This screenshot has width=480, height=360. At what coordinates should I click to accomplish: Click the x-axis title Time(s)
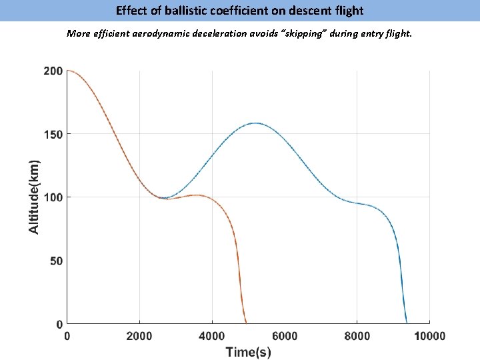[248, 351]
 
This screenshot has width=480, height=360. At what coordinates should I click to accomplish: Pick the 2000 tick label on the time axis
[139, 337]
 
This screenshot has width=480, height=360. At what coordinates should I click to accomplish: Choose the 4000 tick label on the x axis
[212, 337]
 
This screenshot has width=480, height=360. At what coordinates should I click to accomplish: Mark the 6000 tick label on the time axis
[285, 337]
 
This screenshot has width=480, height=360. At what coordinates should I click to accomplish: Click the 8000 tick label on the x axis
[357, 337]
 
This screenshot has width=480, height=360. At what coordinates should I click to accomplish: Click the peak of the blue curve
[255, 123]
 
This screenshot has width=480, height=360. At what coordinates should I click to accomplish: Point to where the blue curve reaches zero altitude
[407, 323]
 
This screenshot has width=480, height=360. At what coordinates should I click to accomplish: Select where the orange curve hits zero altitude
[246, 323]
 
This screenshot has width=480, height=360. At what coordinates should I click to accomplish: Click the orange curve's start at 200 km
[68, 71]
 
